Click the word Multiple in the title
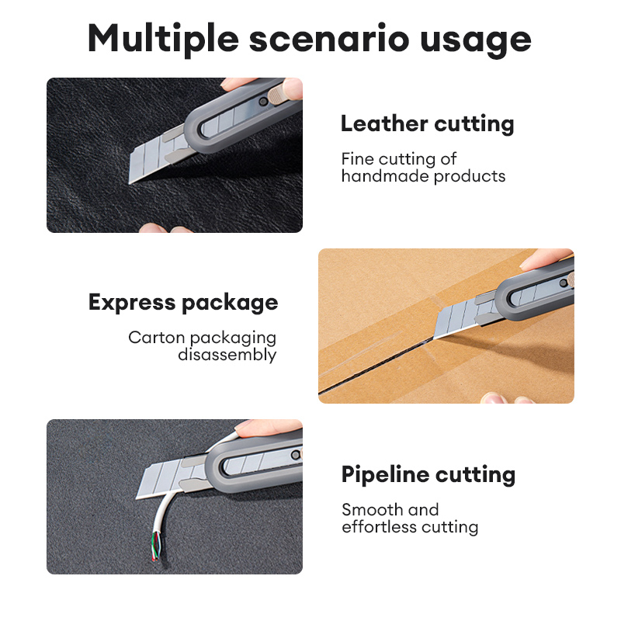pyautogui.click(x=163, y=40)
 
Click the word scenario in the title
pyautogui.click(x=329, y=40)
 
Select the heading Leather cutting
pyautogui.click(x=428, y=124)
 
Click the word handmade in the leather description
pyautogui.click(x=384, y=176)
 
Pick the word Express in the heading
pyautogui.click(x=132, y=303)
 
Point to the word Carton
pyautogui.click(x=157, y=338)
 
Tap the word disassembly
pyautogui.click(x=227, y=356)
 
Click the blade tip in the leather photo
pyautogui.click(x=130, y=183)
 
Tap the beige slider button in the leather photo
pyautogui.click(x=277, y=95)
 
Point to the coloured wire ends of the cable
pyautogui.click(x=156, y=546)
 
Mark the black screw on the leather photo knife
pyautogui.click(x=263, y=102)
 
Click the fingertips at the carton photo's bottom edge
pyautogui.click(x=507, y=398)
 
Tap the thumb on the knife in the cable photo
pyautogui.click(x=269, y=428)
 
